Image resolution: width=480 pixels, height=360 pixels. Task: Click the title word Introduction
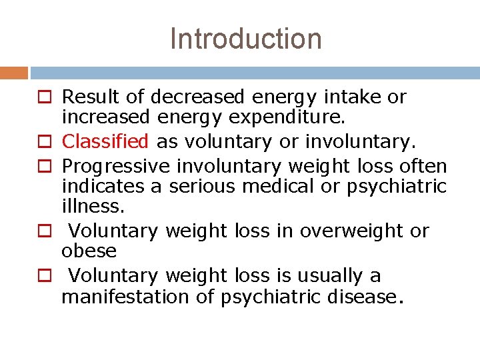point(245,39)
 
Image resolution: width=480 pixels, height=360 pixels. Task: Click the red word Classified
point(105,141)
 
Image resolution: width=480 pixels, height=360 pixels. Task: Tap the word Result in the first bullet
point(91,97)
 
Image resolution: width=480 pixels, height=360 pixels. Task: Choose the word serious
point(202,186)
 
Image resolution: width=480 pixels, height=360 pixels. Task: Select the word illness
point(93,207)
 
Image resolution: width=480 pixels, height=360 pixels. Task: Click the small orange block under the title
point(13,73)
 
